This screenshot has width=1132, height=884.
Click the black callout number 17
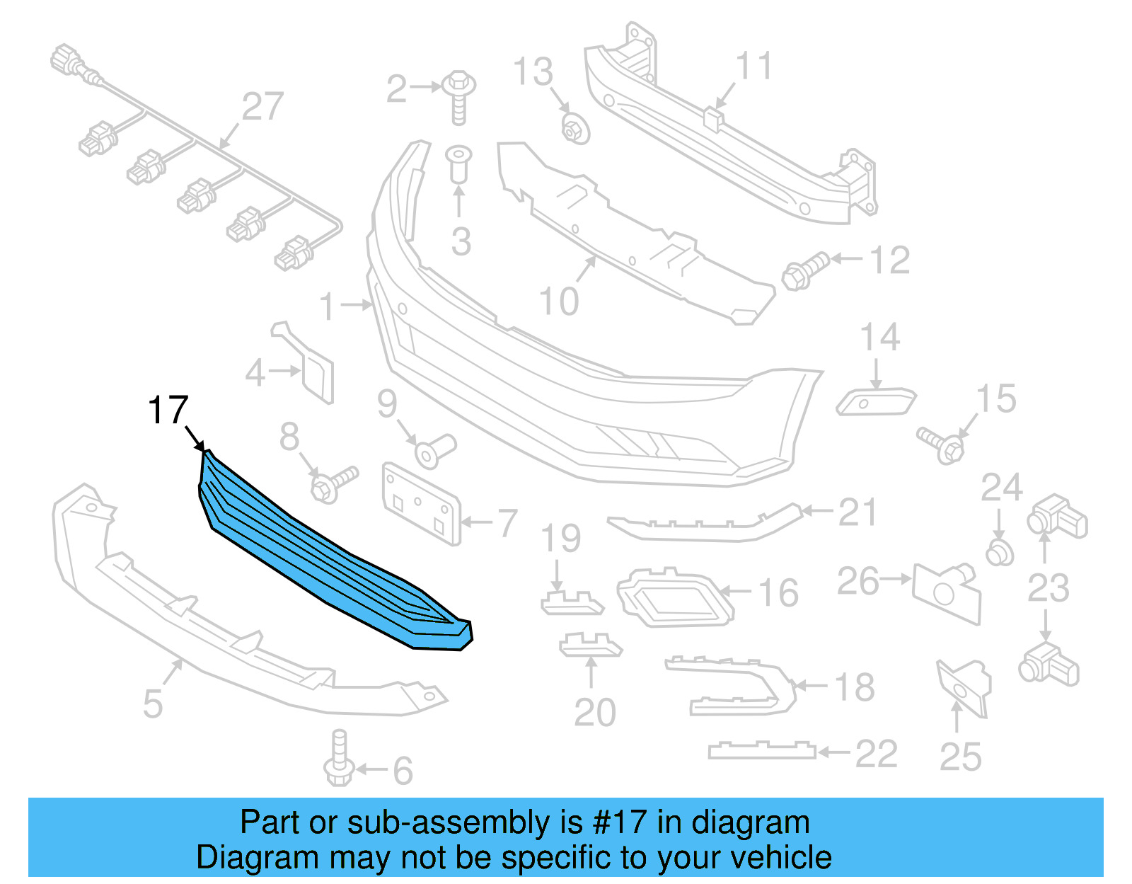pos(168,411)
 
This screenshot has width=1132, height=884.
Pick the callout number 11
pos(754,67)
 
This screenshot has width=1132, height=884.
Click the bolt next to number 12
pos(804,271)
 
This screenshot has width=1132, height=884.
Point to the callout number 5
pos(153,704)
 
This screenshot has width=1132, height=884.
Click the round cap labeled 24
pos(999,552)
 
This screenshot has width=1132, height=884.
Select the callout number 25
pos(960,757)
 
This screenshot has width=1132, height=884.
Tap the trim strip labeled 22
pos(761,751)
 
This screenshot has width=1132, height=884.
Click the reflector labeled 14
pos(876,402)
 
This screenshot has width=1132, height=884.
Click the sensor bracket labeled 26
pos(946,592)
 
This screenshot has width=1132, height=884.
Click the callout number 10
pos(559,302)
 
